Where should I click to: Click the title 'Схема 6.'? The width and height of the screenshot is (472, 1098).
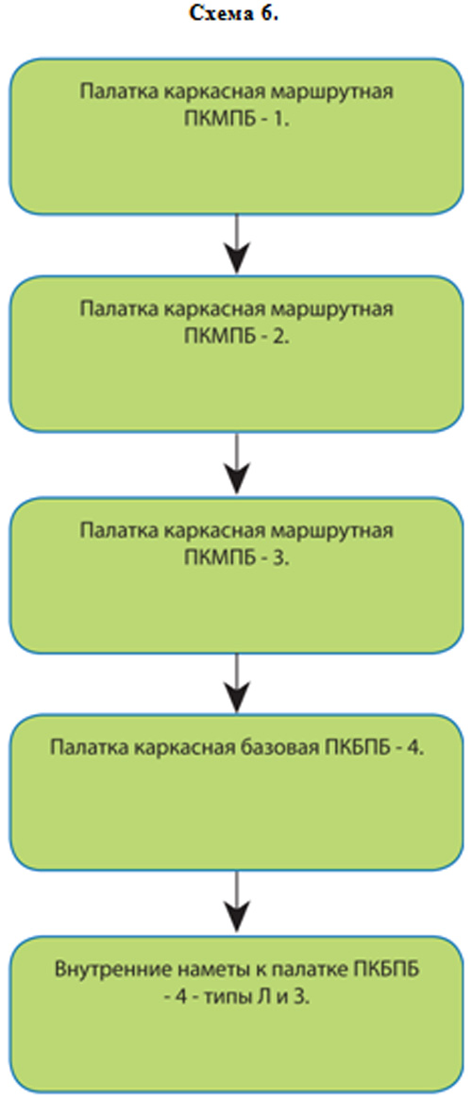pos(235,14)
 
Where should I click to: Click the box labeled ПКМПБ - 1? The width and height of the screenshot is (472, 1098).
pos(236,136)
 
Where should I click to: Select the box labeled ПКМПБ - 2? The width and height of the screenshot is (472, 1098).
pos(236,354)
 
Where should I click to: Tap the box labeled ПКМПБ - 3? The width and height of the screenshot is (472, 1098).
pos(236,574)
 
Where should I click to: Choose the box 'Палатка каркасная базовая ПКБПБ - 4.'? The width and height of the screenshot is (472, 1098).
pos(236,792)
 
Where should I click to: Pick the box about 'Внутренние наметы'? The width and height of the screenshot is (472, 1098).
pos(236,1014)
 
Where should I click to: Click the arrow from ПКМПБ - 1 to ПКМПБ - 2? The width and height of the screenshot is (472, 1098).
pos(238,244)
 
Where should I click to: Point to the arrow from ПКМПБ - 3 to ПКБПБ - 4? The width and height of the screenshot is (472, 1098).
pos(238,684)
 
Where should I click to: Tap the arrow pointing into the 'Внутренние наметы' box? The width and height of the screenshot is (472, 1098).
pos(238,903)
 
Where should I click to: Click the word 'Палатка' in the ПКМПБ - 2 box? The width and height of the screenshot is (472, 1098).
pos(110,308)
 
